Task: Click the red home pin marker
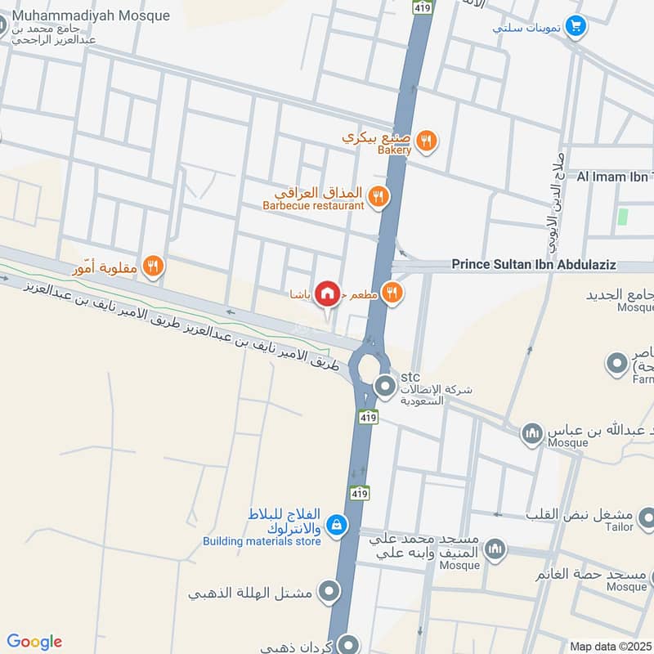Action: (x=327, y=293)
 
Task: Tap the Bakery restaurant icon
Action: (x=425, y=141)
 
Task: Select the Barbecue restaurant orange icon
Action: (x=378, y=195)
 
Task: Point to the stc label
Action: (x=410, y=378)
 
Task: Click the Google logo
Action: (x=34, y=642)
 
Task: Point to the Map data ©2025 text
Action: (x=609, y=647)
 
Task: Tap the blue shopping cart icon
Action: (x=576, y=26)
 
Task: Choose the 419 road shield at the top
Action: (x=422, y=7)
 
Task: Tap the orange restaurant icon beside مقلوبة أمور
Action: (x=152, y=266)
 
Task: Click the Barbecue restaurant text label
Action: (x=313, y=206)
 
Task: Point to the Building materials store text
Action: (x=262, y=541)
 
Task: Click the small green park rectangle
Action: (x=623, y=217)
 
